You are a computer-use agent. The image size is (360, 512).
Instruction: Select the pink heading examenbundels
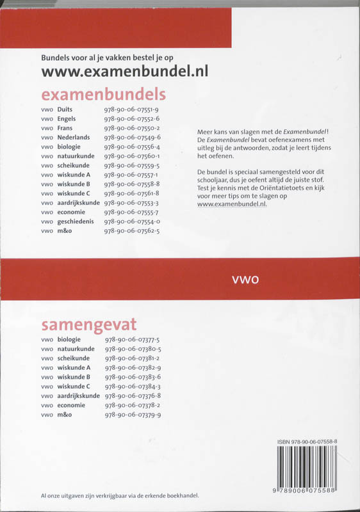click(x=104, y=95)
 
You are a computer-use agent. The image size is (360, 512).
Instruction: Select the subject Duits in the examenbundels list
click(x=65, y=110)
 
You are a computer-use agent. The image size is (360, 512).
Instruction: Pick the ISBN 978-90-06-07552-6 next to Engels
click(x=131, y=119)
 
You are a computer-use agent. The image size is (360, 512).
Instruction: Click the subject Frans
click(x=65, y=128)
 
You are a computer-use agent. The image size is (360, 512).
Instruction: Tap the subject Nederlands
click(x=74, y=137)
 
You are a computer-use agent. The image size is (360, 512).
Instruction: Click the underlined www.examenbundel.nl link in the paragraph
click(x=232, y=205)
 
